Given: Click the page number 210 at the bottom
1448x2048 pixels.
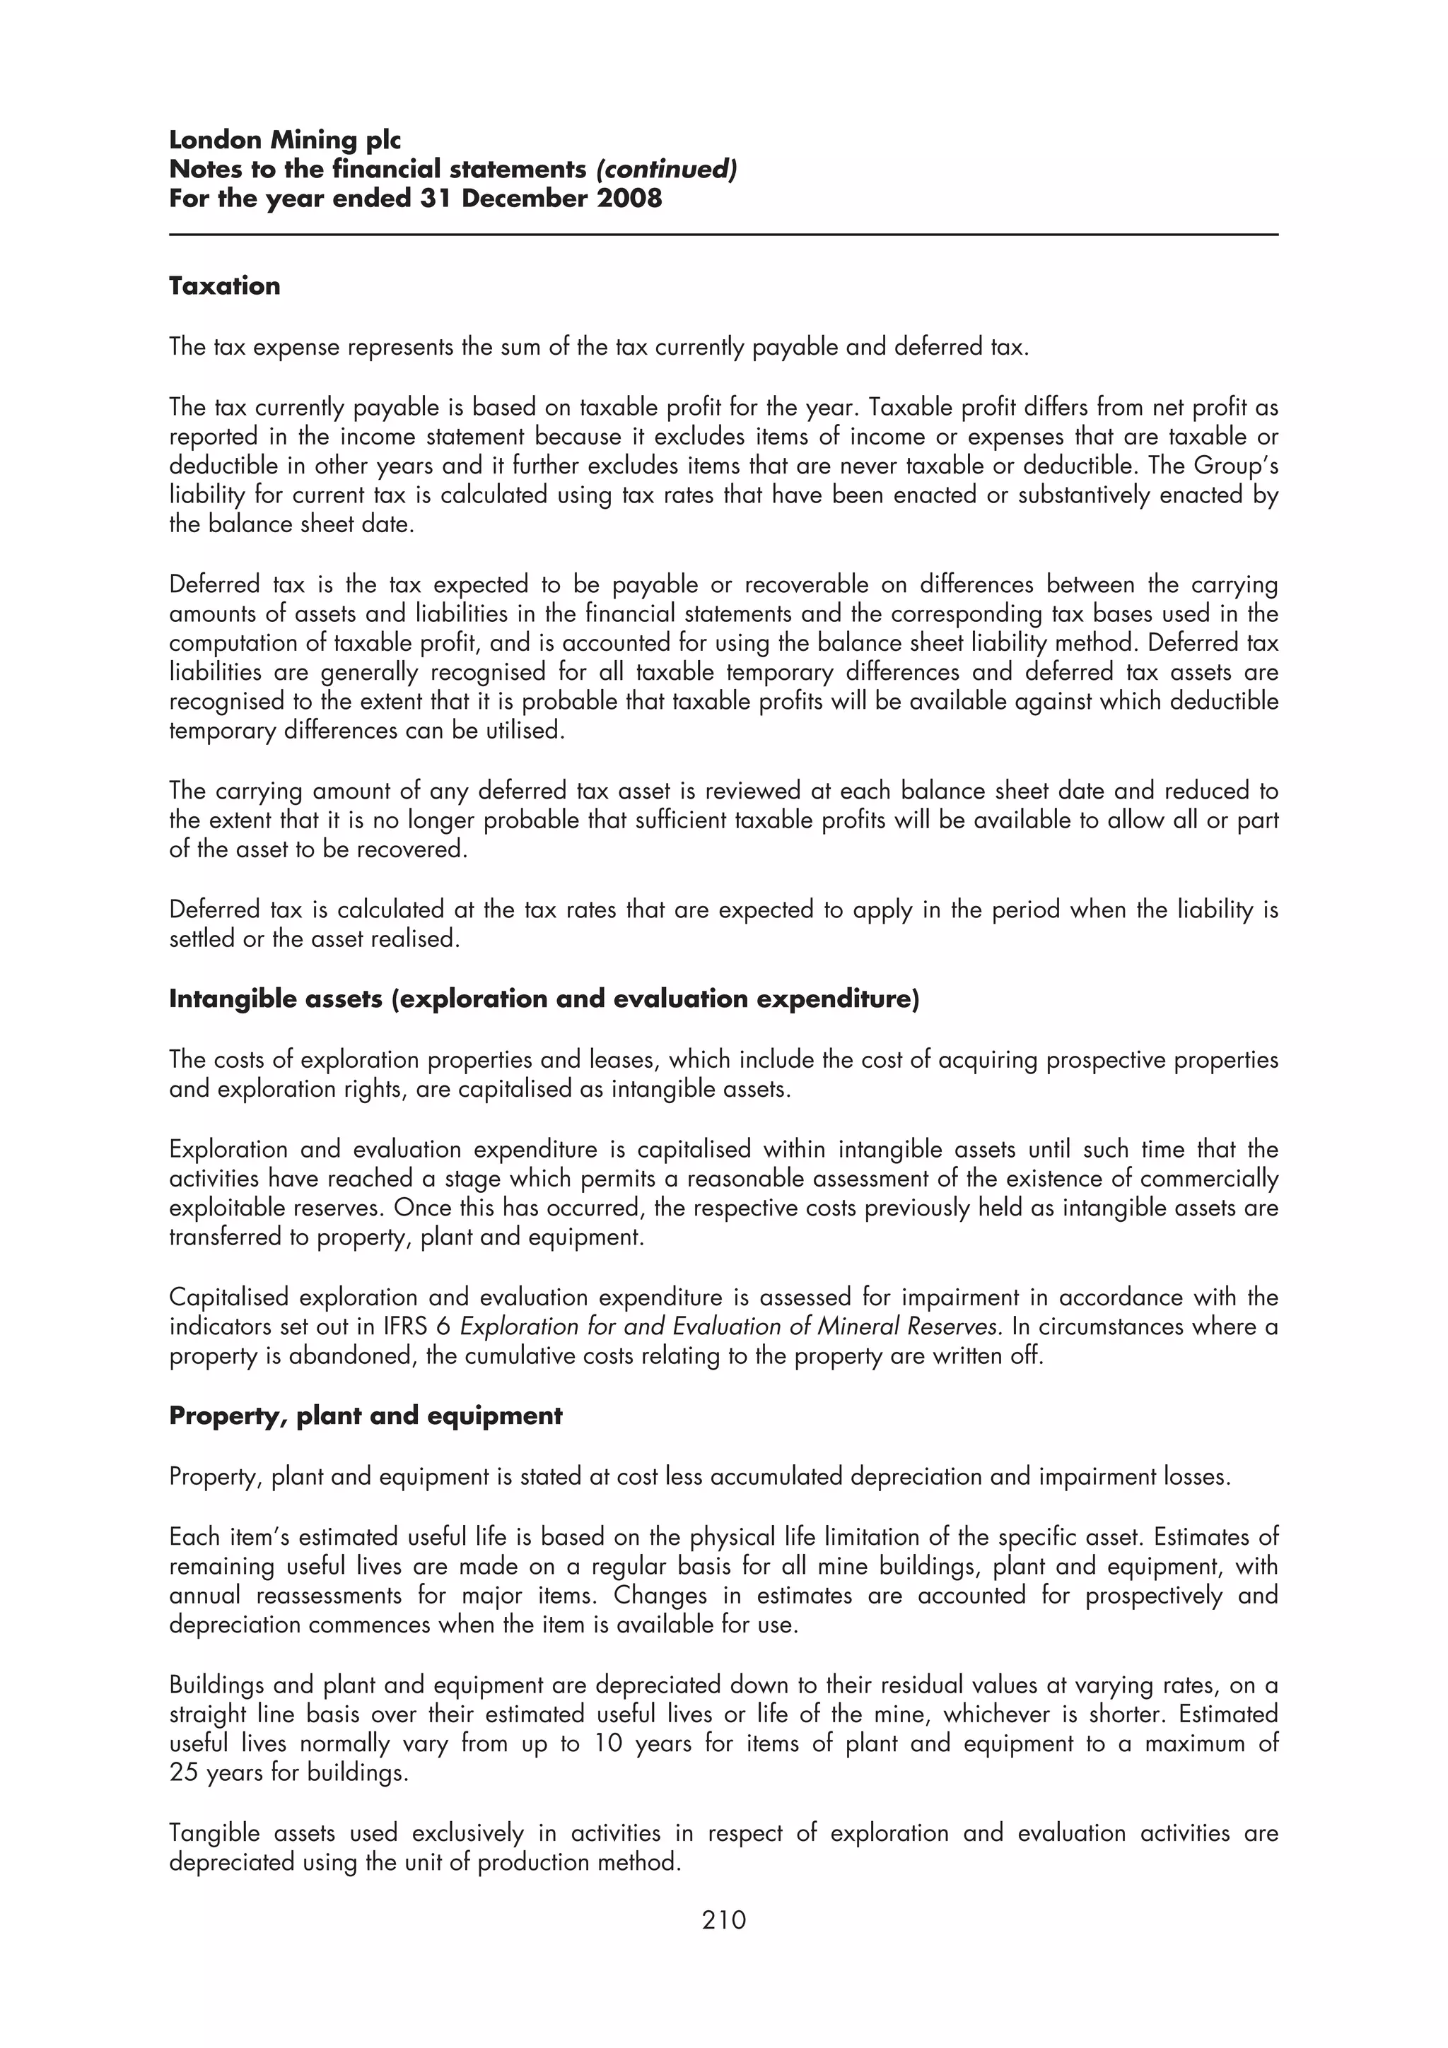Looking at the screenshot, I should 723,1919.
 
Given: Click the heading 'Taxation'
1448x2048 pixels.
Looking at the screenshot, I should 224,286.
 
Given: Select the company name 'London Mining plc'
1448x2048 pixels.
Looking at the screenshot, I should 285,140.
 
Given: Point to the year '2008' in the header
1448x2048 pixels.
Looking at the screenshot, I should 630,198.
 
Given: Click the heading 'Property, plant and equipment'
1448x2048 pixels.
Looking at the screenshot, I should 366,1416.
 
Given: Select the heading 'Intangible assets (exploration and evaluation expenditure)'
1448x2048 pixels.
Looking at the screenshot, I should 543,999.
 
